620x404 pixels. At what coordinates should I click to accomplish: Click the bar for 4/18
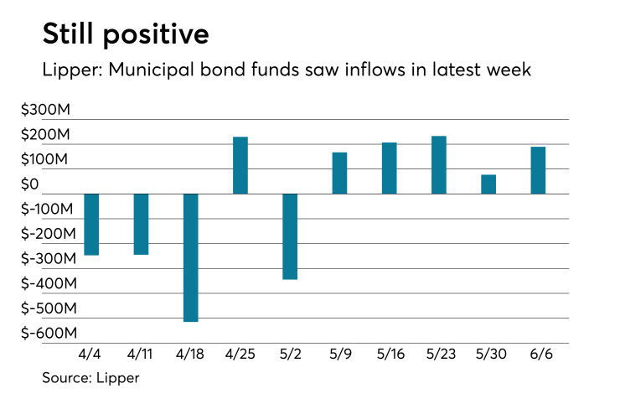(190, 257)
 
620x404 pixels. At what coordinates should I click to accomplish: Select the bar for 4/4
(91, 224)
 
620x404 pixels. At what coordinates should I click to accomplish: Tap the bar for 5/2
(290, 236)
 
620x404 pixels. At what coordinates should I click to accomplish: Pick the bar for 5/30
(488, 184)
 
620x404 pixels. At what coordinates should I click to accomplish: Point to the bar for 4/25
(240, 165)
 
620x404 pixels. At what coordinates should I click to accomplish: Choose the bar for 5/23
(439, 165)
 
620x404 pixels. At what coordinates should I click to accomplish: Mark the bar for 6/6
(538, 170)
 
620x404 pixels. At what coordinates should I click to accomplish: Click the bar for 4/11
(141, 224)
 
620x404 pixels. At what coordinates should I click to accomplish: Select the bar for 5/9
(339, 173)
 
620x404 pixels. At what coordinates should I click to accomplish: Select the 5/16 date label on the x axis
(390, 355)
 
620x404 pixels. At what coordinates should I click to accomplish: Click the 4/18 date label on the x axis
(190, 355)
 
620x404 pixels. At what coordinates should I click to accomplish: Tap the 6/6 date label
(538, 355)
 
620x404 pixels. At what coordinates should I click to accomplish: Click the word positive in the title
(156, 35)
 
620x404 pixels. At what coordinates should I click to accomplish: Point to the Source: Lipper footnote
(90, 378)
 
